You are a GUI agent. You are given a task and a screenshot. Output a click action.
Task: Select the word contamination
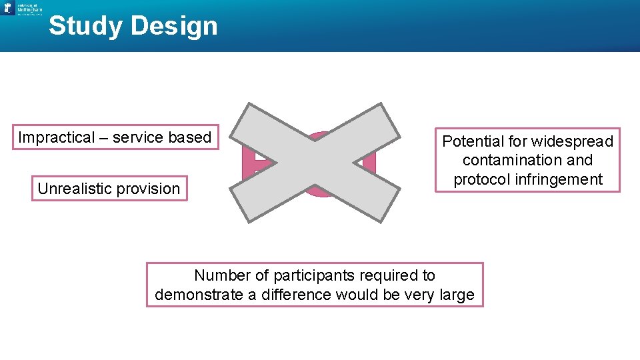tap(505, 160)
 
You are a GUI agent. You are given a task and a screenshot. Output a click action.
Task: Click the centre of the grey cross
tap(315, 163)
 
